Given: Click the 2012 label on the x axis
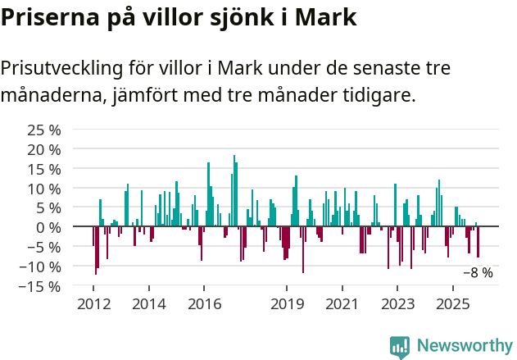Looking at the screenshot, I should point(93,304).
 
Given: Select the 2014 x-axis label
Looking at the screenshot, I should point(148,304).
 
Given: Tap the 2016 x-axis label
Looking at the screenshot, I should point(204,304).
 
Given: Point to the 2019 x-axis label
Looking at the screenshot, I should point(287,304).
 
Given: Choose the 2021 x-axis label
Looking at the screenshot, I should point(342,304).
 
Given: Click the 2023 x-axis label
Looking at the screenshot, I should point(398,304).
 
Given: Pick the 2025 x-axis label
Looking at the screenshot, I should point(453,304).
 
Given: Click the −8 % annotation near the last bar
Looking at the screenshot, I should point(478,273).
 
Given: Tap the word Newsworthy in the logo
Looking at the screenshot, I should point(465,345).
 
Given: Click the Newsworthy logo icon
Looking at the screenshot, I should point(400,346).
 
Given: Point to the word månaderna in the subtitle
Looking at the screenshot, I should point(50,96).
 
